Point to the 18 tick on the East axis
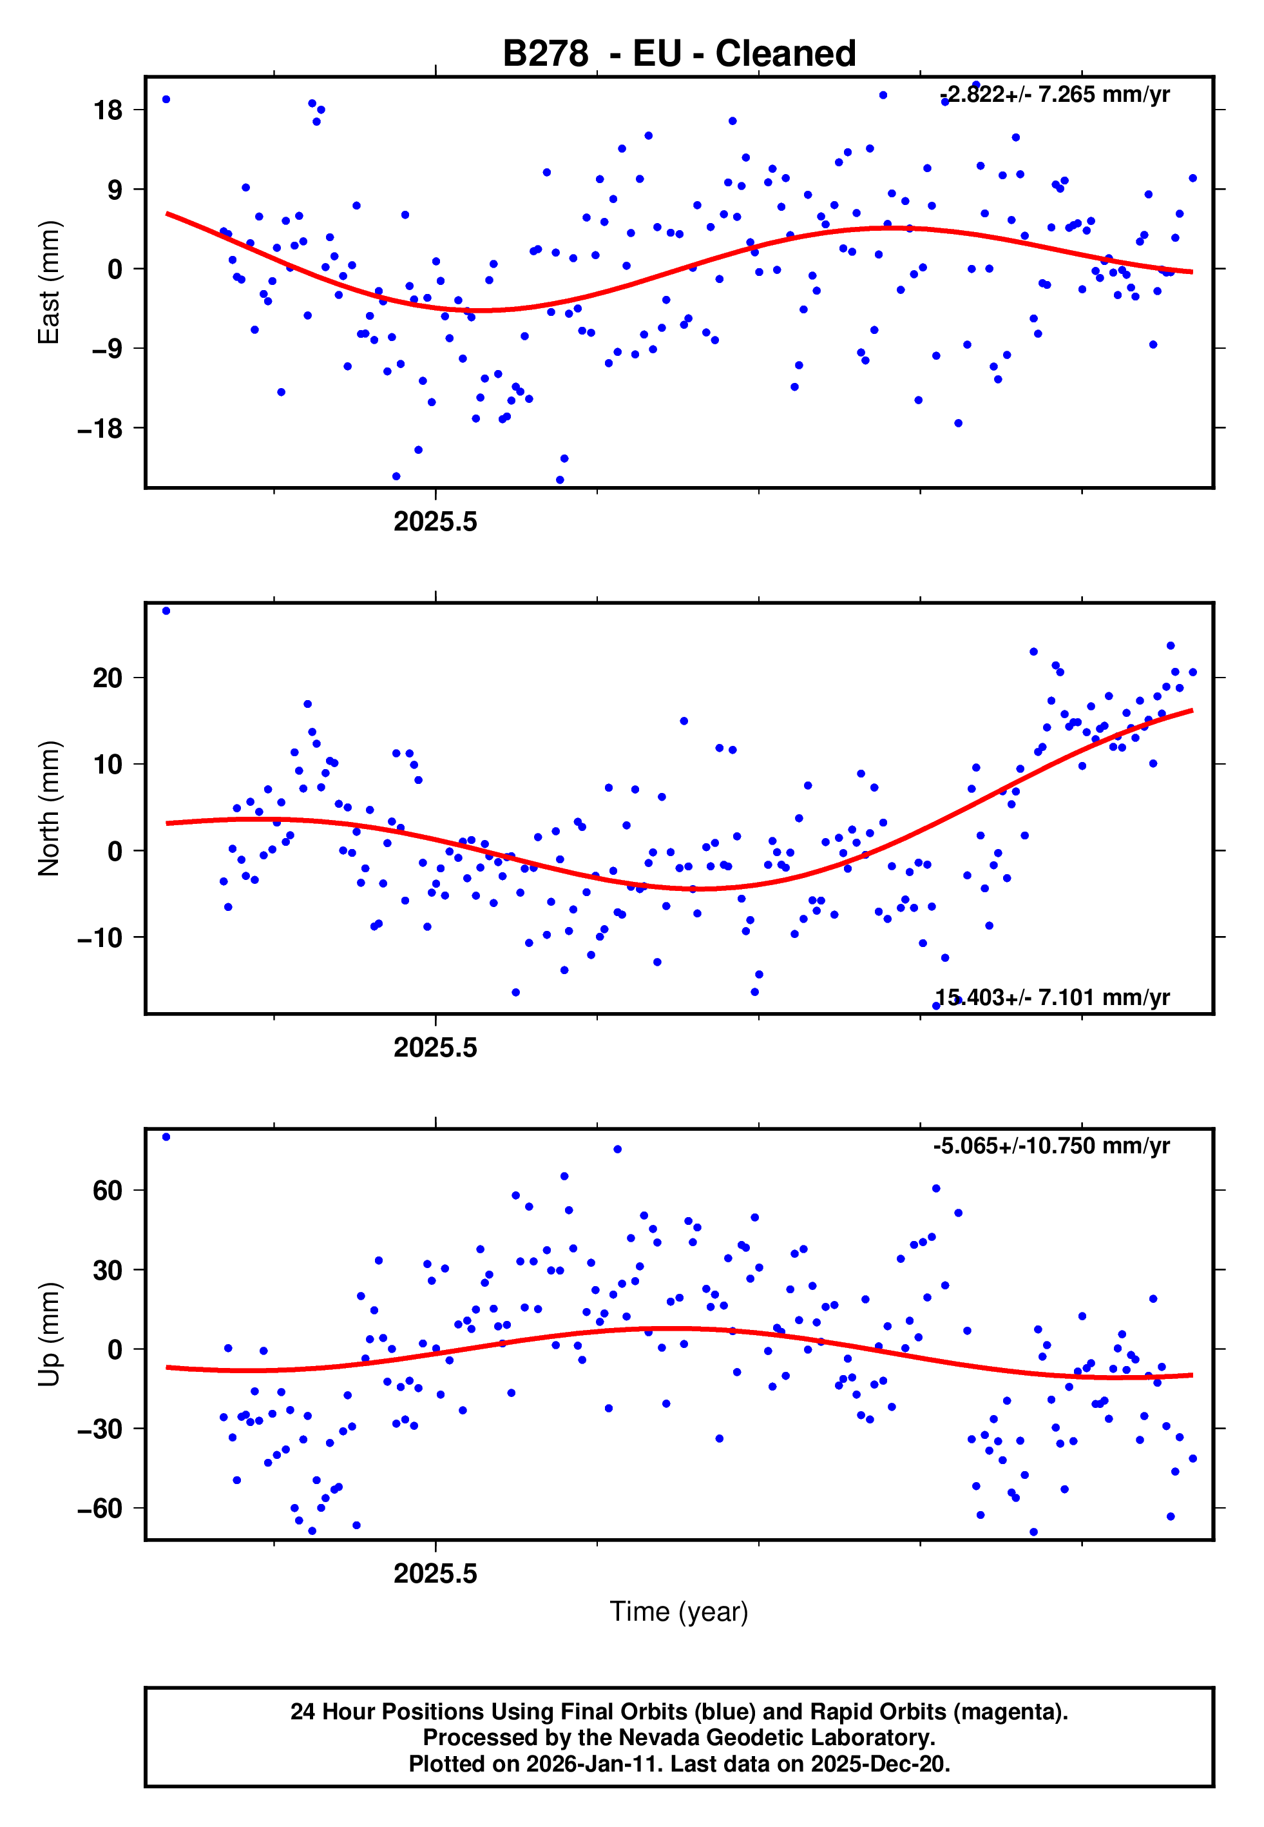coord(108,110)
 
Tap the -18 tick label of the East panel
coord(100,429)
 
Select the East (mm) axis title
coord(49,282)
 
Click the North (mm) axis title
coord(49,808)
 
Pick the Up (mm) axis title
coord(49,1334)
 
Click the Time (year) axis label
coord(679,1612)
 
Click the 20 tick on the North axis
coord(108,678)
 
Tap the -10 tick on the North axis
coord(100,938)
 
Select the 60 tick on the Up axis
coord(108,1191)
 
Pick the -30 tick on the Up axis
coord(100,1429)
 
